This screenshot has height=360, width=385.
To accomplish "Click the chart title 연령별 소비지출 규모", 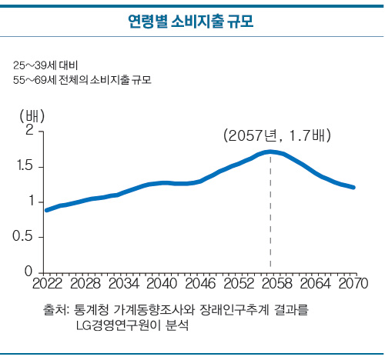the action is click(x=191, y=22).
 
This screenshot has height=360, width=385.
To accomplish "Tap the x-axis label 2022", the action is click(x=48, y=284).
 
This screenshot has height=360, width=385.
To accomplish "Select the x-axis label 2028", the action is click(x=85, y=284).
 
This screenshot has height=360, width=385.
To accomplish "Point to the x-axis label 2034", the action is click(x=124, y=284).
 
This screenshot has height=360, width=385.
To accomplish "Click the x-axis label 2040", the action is click(x=162, y=284).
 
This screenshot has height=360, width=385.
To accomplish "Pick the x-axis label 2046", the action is click(x=200, y=284).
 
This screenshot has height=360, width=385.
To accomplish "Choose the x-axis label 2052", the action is click(x=239, y=284).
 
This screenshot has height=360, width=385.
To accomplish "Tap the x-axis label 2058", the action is click(x=277, y=284).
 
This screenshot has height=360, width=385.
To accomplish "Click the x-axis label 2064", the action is click(x=315, y=284).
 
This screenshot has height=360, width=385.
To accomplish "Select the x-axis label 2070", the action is click(x=353, y=284).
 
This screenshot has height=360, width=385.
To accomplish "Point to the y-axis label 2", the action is click(x=30, y=130).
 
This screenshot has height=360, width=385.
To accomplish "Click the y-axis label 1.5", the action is click(x=25, y=165).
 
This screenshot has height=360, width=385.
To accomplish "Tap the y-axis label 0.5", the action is click(x=23, y=235).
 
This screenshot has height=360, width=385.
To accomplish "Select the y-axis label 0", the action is click(x=28, y=271).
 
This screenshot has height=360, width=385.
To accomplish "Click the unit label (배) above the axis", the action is click(x=32, y=116).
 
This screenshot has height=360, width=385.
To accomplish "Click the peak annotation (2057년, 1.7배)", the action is click(x=277, y=135).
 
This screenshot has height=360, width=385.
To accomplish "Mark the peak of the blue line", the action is click(x=270, y=152).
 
